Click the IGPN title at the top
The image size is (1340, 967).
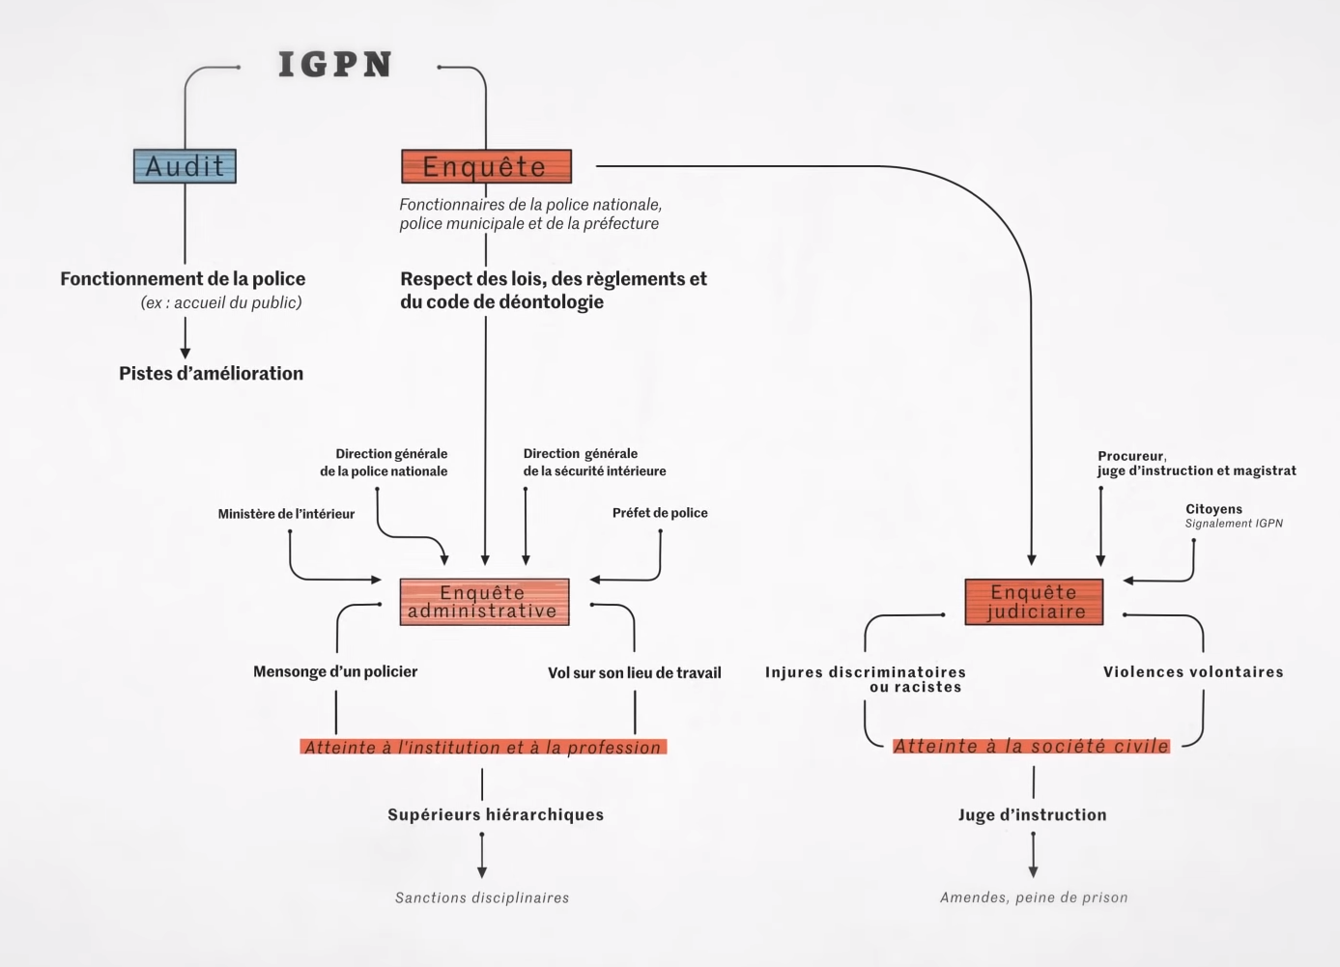coord(334,65)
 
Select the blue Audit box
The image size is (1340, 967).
coord(185,166)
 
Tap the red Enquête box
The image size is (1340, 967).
coord(486,166)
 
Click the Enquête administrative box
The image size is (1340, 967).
coord(484,602)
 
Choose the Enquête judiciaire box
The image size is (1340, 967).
coord(1034,602)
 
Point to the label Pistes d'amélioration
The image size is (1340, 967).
coord(211,374)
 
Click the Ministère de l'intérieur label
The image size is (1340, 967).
coord(286,514)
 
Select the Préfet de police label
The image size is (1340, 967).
coord(660,513)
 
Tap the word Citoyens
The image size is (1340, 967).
coord(1213,509)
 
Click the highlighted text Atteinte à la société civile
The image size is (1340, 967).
coord(1031,746)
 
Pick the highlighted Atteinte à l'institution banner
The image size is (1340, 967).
coord(483,747)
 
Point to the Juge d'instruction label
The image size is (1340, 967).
coord(1032,815)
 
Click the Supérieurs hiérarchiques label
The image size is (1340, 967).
coord(496,815)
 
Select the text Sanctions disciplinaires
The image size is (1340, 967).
coord(482,897)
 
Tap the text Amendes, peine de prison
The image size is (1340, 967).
coord(1034,897)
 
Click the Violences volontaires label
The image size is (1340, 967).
coord(1193,672)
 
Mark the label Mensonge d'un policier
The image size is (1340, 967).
coord(335,671)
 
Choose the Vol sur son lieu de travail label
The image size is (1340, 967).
coord(634,672)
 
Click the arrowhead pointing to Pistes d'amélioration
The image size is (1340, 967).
coord(185,353)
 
